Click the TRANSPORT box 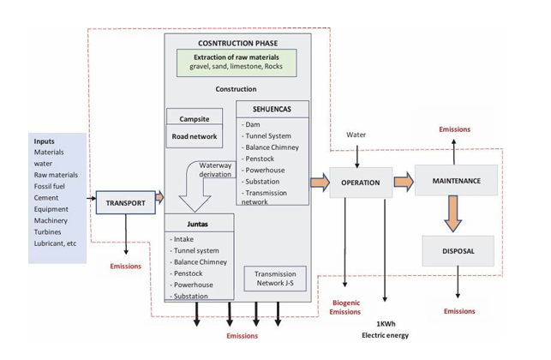pos(126,203)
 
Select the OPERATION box pos(360,183)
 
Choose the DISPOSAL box pos(458,251)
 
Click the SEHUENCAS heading pos(273,110)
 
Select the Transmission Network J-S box pos(273,279)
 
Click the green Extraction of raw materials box pos(236,62)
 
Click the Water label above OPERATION pos(356,135)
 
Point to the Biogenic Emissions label pos(345,308)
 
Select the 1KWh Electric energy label pos(386,329)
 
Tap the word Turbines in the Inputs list pos(50,231)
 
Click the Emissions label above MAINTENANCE pos(454,129)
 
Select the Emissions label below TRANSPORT pos(125,267)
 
